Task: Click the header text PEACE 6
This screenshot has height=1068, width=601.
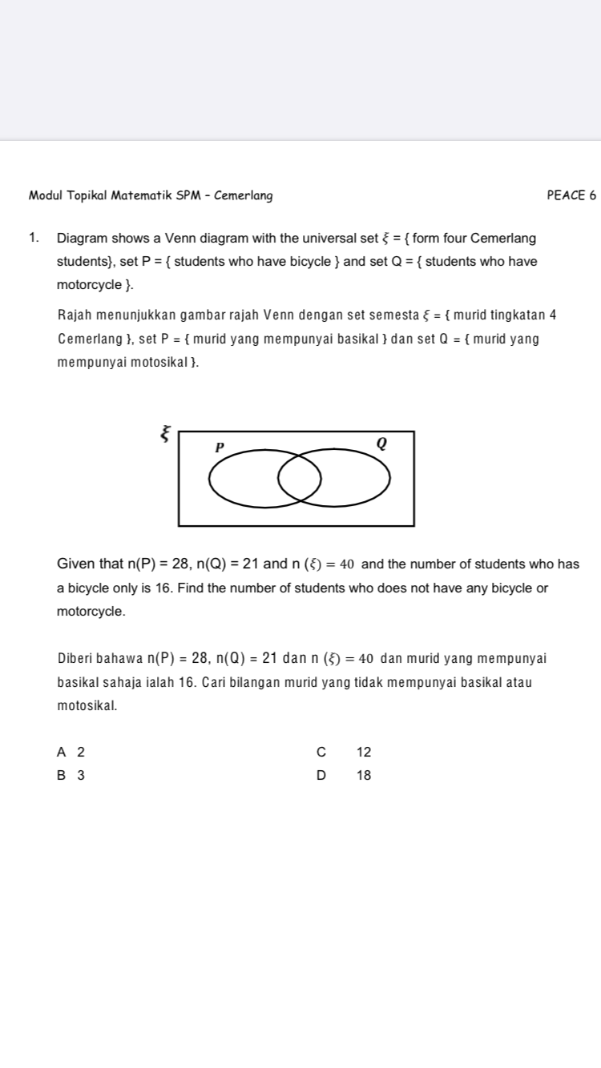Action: [x=571, y=195]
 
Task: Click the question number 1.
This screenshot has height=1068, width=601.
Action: [x=33, y=239]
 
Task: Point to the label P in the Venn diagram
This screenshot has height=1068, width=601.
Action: [x=218, y=446]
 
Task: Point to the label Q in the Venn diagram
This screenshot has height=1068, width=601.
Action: [x=381, y=443]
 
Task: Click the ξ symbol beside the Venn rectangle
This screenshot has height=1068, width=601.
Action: [x=164, y=434]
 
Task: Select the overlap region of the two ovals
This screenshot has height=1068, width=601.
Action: [x=300, y=479]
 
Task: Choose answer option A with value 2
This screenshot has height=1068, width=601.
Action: [x=71, y=752]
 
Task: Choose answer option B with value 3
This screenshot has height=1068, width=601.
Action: [x=71, y=775]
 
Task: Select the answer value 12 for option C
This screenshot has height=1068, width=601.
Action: [x=364, y=752]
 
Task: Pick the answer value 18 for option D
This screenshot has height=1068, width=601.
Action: [x=364, y=775]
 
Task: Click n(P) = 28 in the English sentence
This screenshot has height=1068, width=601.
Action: [x=164, y=564]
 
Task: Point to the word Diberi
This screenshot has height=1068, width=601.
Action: [x=77, y=659]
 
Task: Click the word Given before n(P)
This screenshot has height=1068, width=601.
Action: [x=73, y=564]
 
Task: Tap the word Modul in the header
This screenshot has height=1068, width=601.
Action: [x=45, y=195]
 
